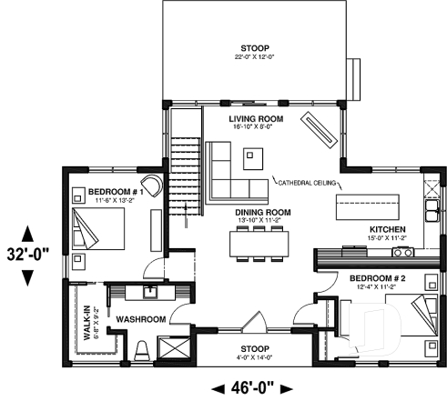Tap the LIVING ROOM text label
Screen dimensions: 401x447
click(x=256, y=119)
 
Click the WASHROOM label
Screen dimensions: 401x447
click(x=140, y=319)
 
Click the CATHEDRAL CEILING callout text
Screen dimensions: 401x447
click(x=306, y=182)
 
